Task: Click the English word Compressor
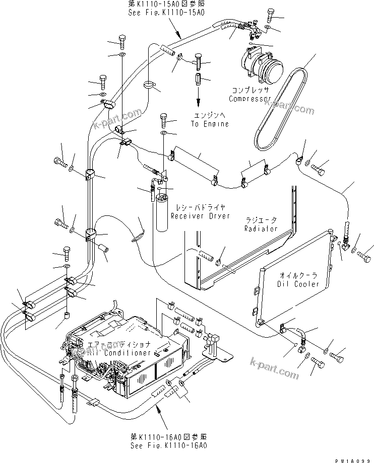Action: pos(250,99)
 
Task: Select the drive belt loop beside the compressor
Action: pos(282,111)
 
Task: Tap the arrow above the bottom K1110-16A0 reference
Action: pos(161,418)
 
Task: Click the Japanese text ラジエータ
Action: pos(261,220)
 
